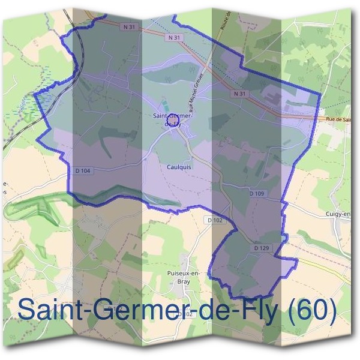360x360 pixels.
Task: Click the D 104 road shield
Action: pos(85,171)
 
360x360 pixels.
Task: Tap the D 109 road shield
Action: pos(257,193)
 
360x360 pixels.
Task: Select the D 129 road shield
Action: pos(260,247)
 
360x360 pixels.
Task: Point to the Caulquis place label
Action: pos(179,167)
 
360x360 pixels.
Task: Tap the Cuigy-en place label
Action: pos(339,213)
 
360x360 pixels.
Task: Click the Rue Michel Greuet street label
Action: pos(197,94)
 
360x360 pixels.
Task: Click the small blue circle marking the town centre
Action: pos(173,124)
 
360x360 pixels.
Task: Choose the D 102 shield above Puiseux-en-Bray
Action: pos(218,220)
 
